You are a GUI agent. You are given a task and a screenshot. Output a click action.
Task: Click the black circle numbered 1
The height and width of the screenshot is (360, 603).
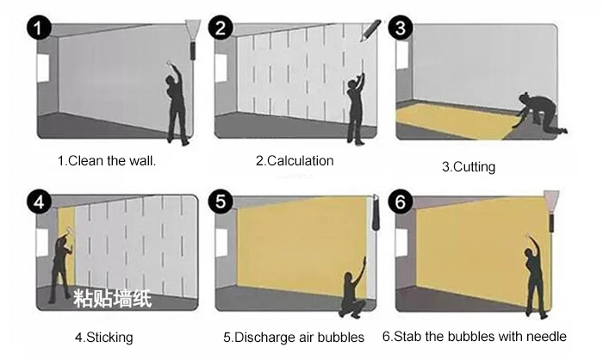(39, 28)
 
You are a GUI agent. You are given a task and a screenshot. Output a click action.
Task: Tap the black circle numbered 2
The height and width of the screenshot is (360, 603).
(221, 28)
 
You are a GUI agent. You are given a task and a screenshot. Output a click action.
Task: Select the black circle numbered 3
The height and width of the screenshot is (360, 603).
(401, 28)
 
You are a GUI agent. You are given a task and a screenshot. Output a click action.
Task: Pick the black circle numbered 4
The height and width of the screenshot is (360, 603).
(39, 202)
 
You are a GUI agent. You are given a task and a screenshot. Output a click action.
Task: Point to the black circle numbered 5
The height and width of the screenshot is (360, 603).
(221, 202)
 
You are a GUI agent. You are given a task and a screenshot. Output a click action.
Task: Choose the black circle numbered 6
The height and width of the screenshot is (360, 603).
(401, 202)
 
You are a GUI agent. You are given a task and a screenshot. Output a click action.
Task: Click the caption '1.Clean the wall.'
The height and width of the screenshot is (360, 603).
(107, 161)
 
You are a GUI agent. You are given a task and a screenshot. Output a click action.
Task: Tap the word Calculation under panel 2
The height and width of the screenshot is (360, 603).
(300, 161)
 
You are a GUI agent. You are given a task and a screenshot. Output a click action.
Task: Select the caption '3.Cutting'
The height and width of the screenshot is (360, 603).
(469, 167)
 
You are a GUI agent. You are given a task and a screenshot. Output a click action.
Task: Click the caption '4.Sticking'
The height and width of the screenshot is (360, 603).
(104, 338)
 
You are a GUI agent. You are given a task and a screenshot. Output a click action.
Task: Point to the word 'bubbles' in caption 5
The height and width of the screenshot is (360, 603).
(340, 338)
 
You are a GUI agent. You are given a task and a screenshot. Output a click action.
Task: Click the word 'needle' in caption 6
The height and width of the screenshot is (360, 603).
(546, 337)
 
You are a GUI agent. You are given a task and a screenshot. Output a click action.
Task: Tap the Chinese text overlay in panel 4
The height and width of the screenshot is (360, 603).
(113, 299)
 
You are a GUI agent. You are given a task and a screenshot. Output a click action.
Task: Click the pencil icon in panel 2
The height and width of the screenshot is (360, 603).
(370, 30)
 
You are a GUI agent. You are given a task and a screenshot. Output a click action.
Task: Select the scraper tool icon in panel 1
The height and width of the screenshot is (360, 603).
(193, 40)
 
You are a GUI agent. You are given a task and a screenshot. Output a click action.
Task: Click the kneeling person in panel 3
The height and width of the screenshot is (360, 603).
(540, 113)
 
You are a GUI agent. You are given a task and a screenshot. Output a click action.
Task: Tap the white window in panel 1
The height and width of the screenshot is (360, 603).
(43, 68)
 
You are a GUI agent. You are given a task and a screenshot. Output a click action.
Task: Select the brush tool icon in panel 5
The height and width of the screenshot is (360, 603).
(376, 213)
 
